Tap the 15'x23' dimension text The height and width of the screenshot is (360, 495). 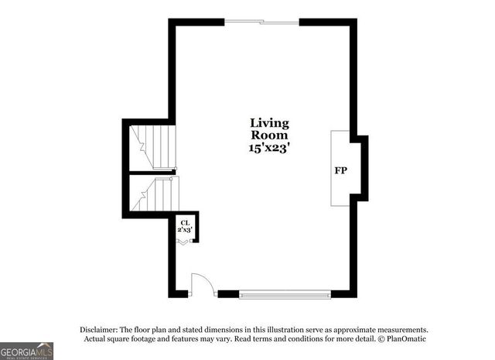tap(269, 148)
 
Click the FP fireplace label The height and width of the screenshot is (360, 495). tap(340, 170)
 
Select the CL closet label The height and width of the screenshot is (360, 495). tap(186, 223)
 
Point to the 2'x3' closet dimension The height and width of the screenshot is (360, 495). tap(186, 231)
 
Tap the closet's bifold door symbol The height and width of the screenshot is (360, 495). tap(184, 242)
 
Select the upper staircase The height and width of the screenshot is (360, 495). tap(155, 146)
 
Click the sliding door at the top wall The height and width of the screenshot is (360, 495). tap(261, 22)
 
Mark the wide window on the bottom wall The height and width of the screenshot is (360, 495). tap(285, 294)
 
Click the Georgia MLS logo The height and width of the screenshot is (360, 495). tap(26, 351)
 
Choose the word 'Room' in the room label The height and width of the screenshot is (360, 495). tap(269, 135)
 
